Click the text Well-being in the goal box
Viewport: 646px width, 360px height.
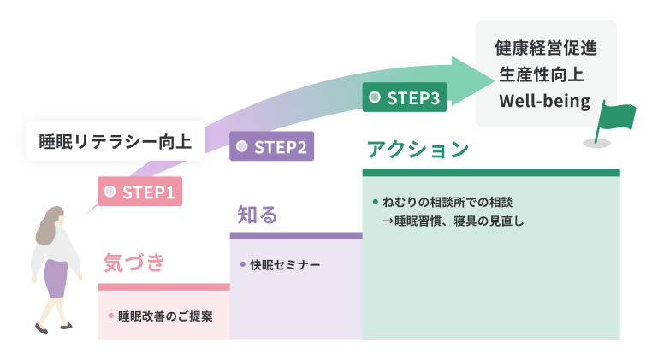pyautogui.click(x=545, y=102)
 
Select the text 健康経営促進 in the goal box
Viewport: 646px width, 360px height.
pyautogui.click(x=545, y=48)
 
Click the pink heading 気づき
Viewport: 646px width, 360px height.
pyautogui.click(x=133, y=262)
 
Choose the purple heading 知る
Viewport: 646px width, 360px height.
pyautogui.click(x=258, y=215)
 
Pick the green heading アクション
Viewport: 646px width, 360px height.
pyautogui.click(x=418, y=150)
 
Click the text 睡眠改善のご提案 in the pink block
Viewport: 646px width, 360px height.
pyautogui.click(x=166, y=316)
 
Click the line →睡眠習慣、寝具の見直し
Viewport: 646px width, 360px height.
pyautogui.click(x=453, y=221)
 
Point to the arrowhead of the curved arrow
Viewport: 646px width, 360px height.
pyautogui.click(x=473, y=77)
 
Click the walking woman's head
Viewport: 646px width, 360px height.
pyautogui.click(x=51, y=224)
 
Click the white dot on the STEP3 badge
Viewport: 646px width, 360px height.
pyautogui.click(x=375, y=98)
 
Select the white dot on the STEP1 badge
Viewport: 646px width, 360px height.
pyautogui.click(x=110, y=192)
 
